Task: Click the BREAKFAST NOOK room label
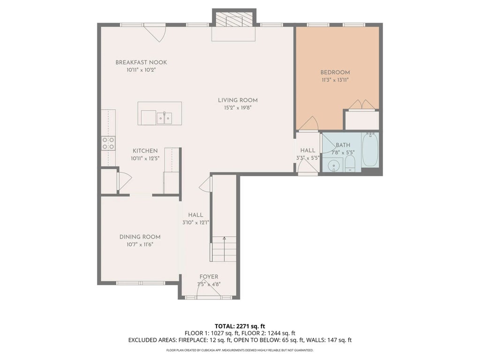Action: coord(141,62)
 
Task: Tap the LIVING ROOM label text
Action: coord(238,100)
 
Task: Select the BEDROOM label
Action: coord(335,73)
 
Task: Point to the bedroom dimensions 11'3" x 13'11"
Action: coord(335,80)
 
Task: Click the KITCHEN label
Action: coord(145,151)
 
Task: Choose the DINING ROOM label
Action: coord(140,237)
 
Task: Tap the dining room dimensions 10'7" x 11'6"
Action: coord(140,245)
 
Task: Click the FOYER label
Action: coord(209,277)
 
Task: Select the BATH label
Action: coord(343,145)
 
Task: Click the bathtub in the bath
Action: coord(370,150)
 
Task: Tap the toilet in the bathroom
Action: coord(350,164)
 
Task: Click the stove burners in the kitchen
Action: coord(108,143)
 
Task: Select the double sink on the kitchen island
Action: coord(165,118)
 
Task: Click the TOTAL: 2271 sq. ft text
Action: coord(240,326)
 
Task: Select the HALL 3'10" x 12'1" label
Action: coord(195,219)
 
